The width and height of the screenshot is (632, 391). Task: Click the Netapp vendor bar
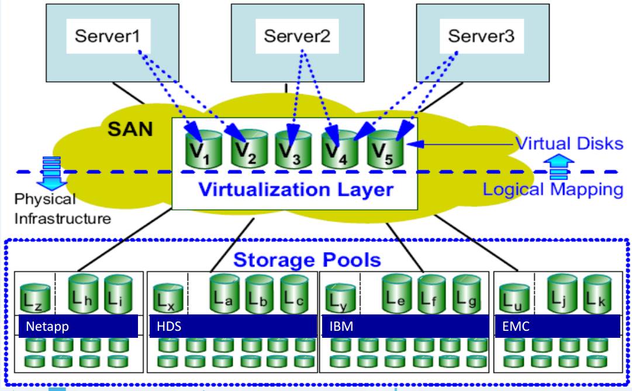tap(78, 327)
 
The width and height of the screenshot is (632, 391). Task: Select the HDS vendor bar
tap(232, 327)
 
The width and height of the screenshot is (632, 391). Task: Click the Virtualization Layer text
tap(295, 190)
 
